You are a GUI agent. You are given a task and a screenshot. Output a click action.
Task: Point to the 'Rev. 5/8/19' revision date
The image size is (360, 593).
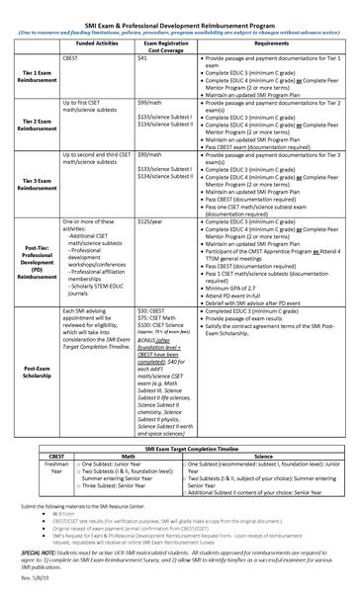[33, 581]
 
